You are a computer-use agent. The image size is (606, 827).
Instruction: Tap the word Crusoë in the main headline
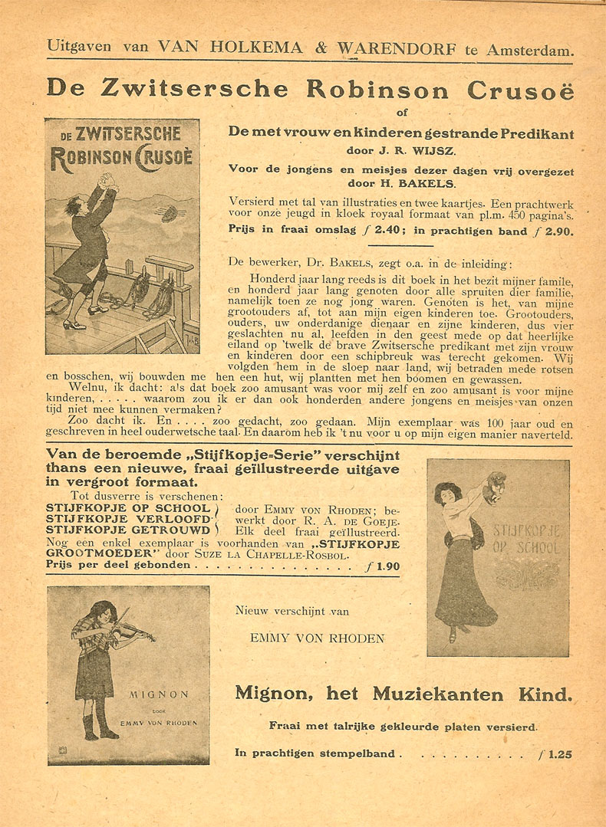click(520, 90)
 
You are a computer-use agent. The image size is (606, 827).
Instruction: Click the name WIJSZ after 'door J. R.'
click(425, 151)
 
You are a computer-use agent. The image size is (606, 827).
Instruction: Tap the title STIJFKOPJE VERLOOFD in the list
click(129, 518)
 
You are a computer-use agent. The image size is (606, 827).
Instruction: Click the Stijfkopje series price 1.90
click(382, 567)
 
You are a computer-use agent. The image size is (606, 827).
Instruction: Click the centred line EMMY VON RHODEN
click(318, 638)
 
